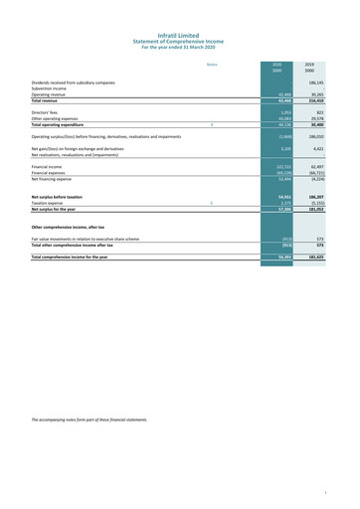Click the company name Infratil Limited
[179, 8]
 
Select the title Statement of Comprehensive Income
[179, 15]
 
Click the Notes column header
[212, 65]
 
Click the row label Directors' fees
[47, 114]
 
